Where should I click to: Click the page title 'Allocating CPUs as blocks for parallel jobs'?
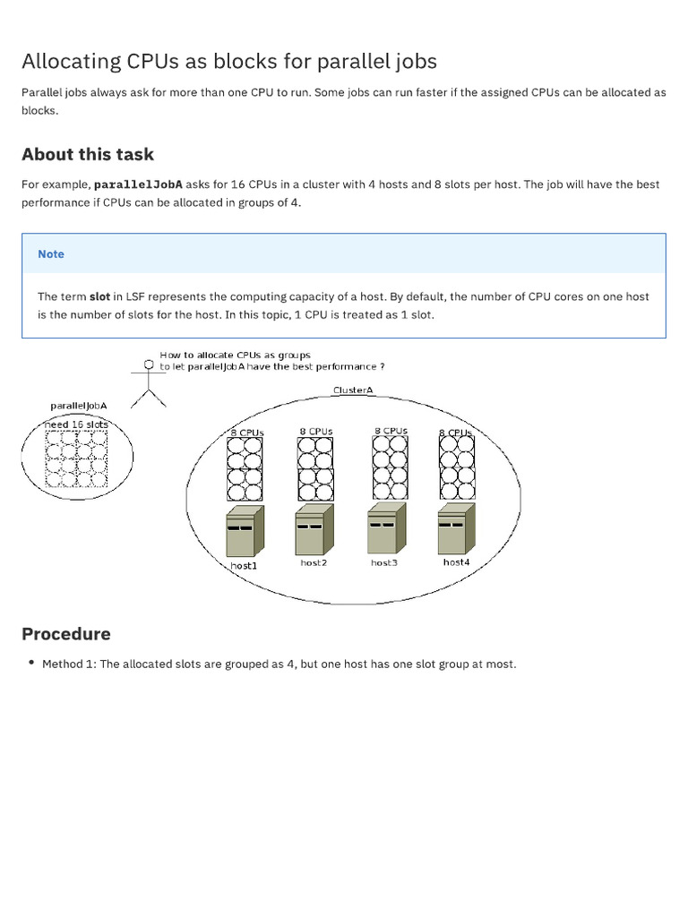(x=229, y=62)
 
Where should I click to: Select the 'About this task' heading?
(x=88, y=154)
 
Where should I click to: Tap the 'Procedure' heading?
(x=66, y=634)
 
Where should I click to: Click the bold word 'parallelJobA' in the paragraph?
(x=138, y=184)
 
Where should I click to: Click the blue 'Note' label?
(x=51, y=254)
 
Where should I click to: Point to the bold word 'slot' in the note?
(x=99, y=296)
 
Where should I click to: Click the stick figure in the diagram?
(x=149, y=381)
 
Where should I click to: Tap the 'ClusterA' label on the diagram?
(x=352, y=390)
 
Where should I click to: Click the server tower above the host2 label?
(x=314, y=529)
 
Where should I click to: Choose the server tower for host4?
(x=455, y=528)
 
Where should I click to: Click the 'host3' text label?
(x=383, y=562)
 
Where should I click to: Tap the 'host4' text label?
(x=455, y=562)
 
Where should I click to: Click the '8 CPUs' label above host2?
(x=315, y=432)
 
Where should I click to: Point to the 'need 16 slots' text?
(x=77, y=424)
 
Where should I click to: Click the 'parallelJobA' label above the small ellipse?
(x=78, y=406)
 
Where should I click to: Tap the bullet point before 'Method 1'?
(x=31, y=664)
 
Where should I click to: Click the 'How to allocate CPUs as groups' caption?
(x=235, y=356)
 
